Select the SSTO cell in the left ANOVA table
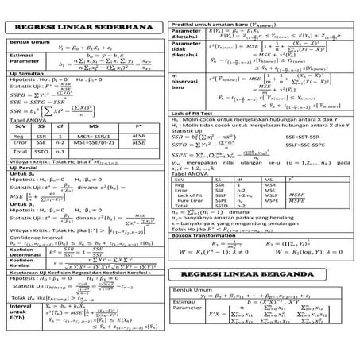tap(42, 152)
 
